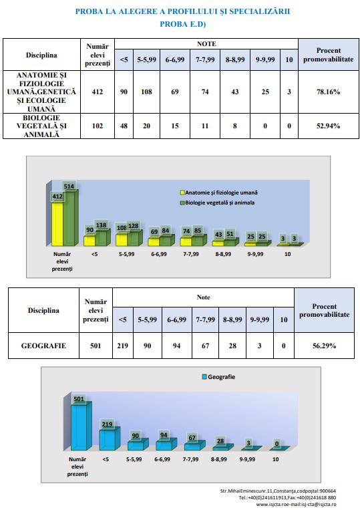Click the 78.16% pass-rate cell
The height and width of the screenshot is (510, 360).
point(328,92)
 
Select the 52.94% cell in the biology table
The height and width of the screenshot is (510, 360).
point(328,126)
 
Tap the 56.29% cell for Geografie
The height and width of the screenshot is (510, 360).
point(324,346)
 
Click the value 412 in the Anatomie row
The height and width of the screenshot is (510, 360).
point(97,92)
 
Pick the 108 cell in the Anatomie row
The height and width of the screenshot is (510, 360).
point(146,92)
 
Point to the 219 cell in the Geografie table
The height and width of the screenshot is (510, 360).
point(122,346)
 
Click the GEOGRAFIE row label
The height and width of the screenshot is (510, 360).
point(43,346)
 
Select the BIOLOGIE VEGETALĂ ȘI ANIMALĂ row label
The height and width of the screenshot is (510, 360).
point(41,126)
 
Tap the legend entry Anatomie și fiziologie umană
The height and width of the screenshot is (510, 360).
point(219,193)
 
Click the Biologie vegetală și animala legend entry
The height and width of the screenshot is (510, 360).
point(217,203)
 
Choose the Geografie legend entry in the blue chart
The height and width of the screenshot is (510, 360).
point(218,376)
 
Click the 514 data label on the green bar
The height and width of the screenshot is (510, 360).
point(69,186)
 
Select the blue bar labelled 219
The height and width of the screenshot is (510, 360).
point(108,440)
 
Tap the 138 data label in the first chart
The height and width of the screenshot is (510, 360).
point(101,225)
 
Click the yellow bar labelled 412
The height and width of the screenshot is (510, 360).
point(57,224)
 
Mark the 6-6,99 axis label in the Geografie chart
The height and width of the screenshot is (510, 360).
point(162,459)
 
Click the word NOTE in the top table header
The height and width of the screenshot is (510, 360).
point(206,43)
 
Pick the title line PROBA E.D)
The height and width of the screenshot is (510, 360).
point(182,24)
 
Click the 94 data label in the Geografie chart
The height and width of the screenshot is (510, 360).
point(164,435)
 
